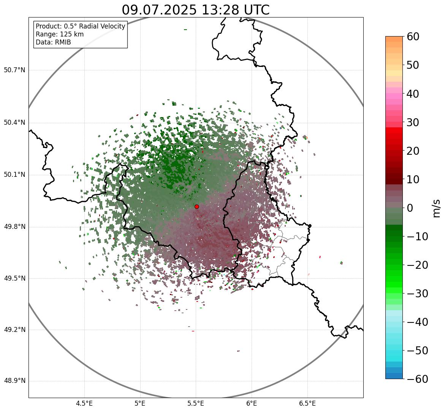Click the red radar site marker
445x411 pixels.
[x=196, y=206]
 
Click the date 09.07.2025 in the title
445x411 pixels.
[x=159, y=10]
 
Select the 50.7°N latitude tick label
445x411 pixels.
[x=14, y=70]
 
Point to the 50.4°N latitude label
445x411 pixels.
[x=14, y=122]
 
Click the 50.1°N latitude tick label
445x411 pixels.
[x=14, y=175]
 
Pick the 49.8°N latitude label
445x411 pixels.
[x=14, y=227]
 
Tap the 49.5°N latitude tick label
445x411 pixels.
[x=14, y=278]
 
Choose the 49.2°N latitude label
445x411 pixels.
[x=14, y=330]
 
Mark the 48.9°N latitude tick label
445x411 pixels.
[x=14, y=381]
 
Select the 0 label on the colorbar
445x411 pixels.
[x=410, y=208]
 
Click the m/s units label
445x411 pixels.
[x=436, y=208]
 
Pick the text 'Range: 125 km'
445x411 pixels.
[x=60, y=34]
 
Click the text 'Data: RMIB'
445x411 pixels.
[x=53, y=42]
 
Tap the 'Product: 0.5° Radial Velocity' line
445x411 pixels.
[x=80, y=26]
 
